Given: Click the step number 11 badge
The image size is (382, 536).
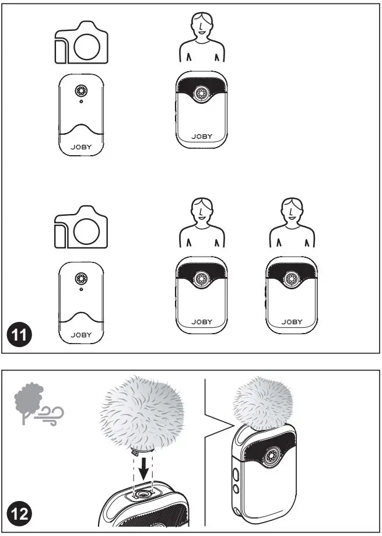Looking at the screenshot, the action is [x=19, y=334].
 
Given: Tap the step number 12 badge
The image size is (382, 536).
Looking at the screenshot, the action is [x=19, y=514].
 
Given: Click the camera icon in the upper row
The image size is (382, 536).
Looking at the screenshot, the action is [x=81, y=43].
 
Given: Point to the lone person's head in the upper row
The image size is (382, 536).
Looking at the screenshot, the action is [x=202, y=25].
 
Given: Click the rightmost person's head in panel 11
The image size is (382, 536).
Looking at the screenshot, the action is [x=292, y=210].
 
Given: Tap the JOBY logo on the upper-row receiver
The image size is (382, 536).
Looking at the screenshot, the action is [x=81, y=148].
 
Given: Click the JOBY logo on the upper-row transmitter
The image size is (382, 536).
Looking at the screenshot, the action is [x=202, y=136].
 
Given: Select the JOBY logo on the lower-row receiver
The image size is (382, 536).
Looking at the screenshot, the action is [x=81, y=335].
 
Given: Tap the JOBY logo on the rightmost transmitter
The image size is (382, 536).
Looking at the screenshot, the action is [x=292, y=322].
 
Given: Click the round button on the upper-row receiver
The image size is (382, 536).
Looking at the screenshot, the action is [x=81, y=91].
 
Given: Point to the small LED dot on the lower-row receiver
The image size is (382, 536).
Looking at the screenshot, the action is [x=81, y=289].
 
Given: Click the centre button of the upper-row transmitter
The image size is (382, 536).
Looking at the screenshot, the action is [x=202, y=93].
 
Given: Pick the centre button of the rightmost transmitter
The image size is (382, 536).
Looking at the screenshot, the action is [x=292, y=279].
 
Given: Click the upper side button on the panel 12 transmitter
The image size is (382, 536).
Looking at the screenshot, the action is [x=236, y=474].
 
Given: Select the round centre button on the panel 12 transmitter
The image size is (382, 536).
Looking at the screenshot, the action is [x=272, y=455].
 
